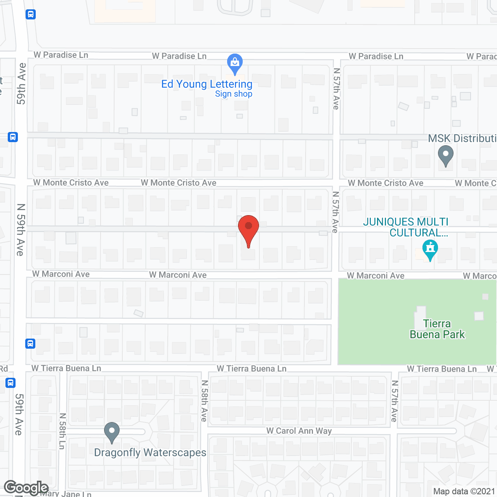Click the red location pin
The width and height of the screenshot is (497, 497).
(x=248, y=229)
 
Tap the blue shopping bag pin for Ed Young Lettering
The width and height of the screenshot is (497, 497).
(x=235, y=63)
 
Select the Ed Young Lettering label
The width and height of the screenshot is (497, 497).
(x=207, y=84)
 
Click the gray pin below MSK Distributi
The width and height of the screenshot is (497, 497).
(x=445, y=155)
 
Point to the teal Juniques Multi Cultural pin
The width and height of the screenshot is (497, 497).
(x=430, y=249)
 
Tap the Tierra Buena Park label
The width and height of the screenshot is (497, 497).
(x=437, y=329)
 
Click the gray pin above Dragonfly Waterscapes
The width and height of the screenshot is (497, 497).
(x=112, y=432)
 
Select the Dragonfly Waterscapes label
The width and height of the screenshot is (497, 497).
(x=150, y=453)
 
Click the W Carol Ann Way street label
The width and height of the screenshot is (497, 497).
(x=299, y=431)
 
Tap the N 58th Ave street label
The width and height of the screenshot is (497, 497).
(x=204, y=401)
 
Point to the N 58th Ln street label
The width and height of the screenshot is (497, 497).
(x=62, y=431)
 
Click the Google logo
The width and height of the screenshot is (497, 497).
(x=26, y=488)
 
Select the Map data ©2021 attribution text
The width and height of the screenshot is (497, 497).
(x=464, y=492)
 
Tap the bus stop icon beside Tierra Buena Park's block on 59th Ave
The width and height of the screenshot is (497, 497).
(x=30, y=344)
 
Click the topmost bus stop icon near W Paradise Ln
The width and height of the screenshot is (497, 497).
(x=31, y=15)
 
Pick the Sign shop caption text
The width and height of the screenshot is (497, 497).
(x=234, y=94)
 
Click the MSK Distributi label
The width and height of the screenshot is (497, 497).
(x=462, y=139)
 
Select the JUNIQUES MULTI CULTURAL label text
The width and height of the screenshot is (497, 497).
(x=406, y=227)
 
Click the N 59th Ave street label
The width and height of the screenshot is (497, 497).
(x=21, y=230)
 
